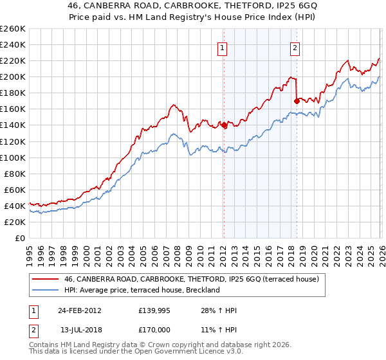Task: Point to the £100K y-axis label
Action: pyautogui.click(x=13, y=157)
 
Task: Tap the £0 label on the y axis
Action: pyautogui.click(x=19, y=238)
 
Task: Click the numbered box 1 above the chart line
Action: pyautogui.click(x=223, y=47)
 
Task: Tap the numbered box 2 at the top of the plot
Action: pyautogui.click(x=295, y=47)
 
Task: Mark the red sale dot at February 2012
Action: pyautogui.click(x=224, y=125)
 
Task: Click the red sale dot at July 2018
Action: pyautogui.click(x=296, y=101)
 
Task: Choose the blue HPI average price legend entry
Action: pyautogui.click(x=142, y=290)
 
